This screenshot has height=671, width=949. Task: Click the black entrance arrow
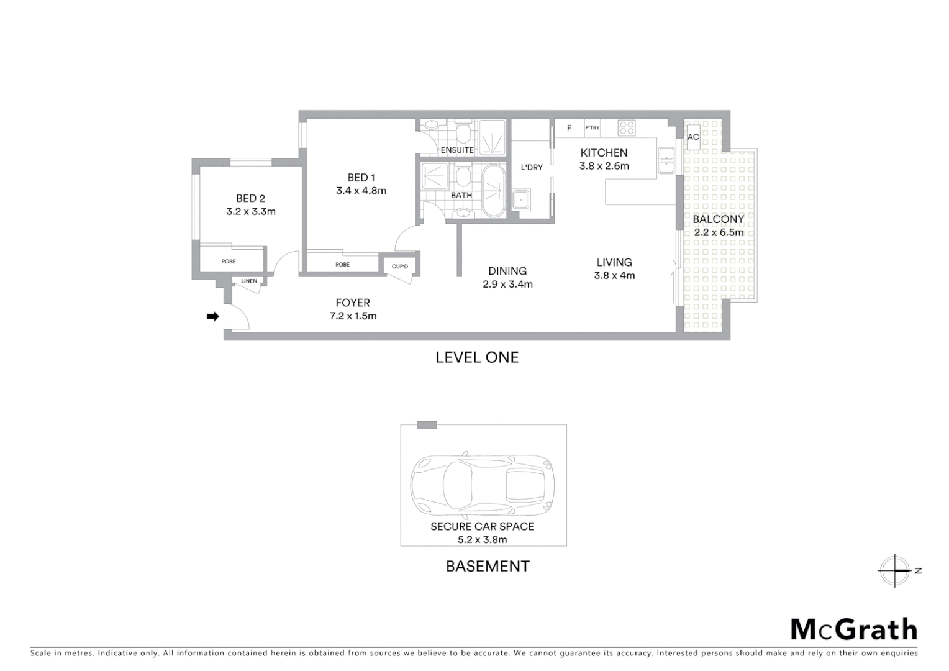point(213,317)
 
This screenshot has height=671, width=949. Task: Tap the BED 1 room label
point(361,178)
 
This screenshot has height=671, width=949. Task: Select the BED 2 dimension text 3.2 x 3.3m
point(251,211)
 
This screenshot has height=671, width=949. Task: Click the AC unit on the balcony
point(693,137)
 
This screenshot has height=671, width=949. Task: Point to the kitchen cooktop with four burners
point(627,128)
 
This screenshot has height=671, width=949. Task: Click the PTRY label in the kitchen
point(593,128)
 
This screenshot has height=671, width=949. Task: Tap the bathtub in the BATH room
point(494,191)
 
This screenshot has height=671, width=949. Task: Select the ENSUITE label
point(457,150)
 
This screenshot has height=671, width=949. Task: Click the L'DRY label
point(532,167)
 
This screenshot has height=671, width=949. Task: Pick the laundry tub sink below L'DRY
point(520,200)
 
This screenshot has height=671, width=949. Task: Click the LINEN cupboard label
point(249,281)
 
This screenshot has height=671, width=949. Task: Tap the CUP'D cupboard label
point(400,267)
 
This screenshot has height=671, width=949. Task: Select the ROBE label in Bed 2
point(229,262)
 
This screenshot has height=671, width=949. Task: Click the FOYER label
point(353,303)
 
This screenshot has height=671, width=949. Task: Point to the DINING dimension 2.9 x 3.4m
point(507,285)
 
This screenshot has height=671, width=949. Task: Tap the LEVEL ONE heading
point(477,357)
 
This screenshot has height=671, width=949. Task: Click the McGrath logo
point(853,629)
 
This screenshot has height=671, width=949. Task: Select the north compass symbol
point(896,570)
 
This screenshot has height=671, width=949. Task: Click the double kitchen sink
point(666,161)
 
